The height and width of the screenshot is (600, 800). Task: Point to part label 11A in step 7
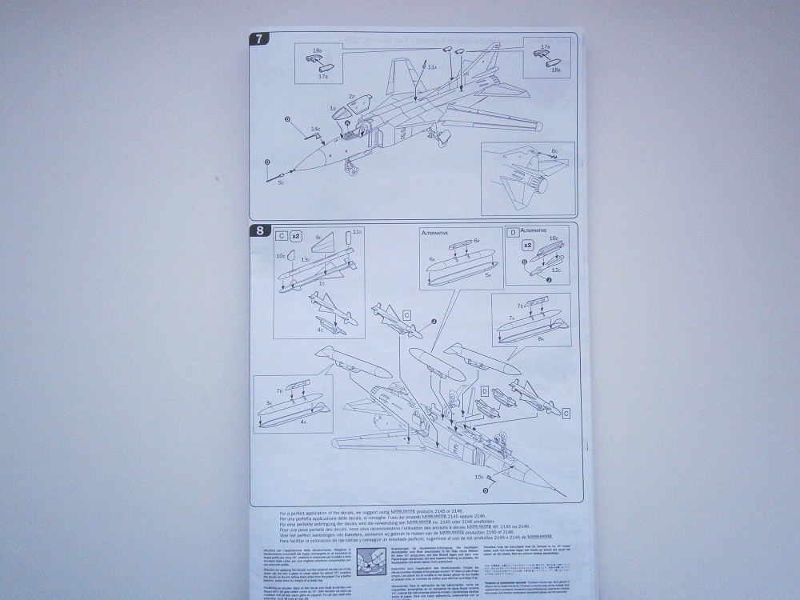tap(432, 68)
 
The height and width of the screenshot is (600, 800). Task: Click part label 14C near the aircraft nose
tap(315, 128)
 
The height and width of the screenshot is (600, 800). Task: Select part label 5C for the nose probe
tap(281, 182)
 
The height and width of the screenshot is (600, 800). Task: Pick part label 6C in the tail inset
tap(554, 151)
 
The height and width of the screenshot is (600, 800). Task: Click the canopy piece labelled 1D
tap(331, 107)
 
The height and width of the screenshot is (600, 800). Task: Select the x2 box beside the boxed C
tap(294, 236)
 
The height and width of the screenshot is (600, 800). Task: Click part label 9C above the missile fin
tap(318, 238)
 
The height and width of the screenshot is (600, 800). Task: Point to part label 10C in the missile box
tap(280, 256)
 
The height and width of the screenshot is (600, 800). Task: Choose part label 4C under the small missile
tap(319, 328)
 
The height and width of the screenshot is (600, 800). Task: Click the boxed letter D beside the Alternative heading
tap(512, 233)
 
